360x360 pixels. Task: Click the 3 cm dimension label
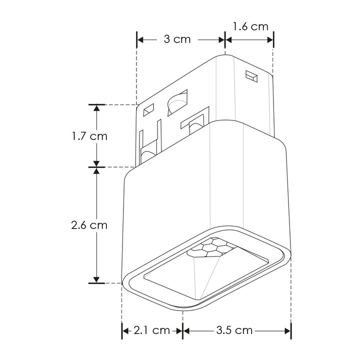click(x=177, y=39)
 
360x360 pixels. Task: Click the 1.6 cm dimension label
click(x=250, y=26)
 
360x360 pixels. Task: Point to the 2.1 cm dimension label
click(x=152, y=330)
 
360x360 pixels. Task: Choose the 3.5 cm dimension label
click(x=234, y=330)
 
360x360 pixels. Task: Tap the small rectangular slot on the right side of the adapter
click(x=251, y=76)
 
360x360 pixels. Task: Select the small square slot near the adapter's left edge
click(x=148, y=108)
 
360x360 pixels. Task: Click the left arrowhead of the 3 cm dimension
click(x=140, y=39)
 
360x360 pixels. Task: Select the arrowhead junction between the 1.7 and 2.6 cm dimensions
click(x=96, y=166)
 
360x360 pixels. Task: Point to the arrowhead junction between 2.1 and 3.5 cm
click(x=183, y=330)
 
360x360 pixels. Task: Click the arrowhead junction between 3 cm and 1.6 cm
click(x=225, y=39)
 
